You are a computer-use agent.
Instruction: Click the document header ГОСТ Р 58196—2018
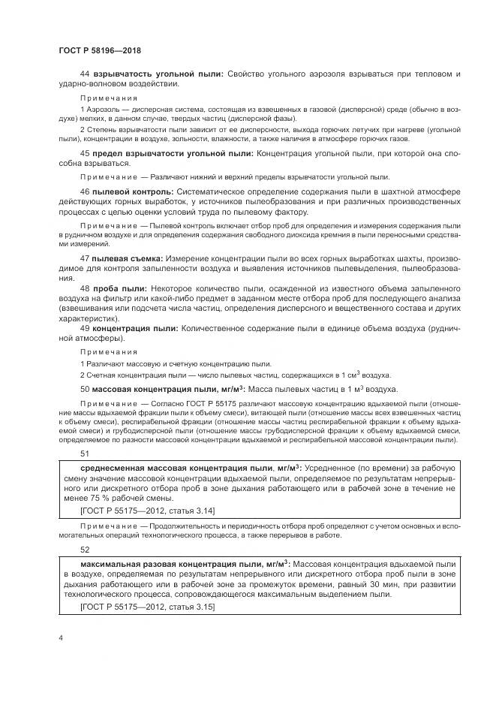pos(100,50)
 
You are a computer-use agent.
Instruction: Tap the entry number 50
pos(85,389)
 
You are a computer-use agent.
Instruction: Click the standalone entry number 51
pos(85,453)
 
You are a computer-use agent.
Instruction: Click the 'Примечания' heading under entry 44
pos(109,98)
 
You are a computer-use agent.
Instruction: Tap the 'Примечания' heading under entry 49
pos(109,351)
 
